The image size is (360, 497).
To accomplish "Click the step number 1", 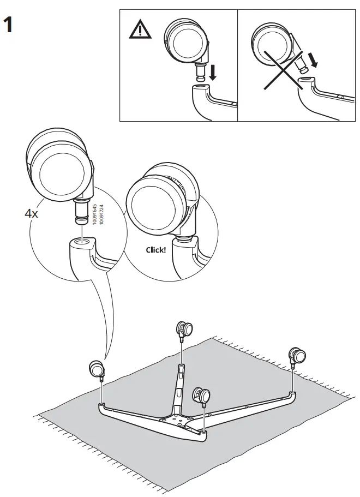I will click(x=9, y=26).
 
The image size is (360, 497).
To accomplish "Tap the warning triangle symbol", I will click(x=139, y=32).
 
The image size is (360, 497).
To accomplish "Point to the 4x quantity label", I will click(x=31, y=213).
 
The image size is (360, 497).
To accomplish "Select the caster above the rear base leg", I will click(x=184, y=330).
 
